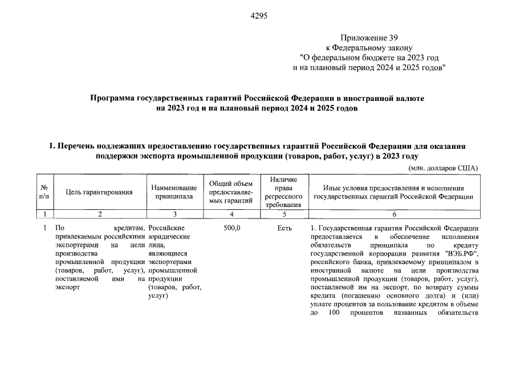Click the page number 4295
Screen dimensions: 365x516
pos(259,15)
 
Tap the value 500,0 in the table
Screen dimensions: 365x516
pos(231,228)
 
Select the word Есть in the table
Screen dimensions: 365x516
pos(284,228)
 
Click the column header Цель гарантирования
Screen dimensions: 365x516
pos(99,192)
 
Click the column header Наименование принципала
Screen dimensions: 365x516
pos(174,192)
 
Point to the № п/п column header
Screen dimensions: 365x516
pos(44,192)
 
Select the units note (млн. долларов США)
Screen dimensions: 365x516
pos(444,168)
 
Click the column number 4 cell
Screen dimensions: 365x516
pos(231,214)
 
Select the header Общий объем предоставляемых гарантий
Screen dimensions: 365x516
pos(231,192)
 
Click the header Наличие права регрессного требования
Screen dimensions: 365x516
pos(284,192)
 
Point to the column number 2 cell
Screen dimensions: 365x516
pos(99,214)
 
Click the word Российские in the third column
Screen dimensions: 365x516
pos(165,228)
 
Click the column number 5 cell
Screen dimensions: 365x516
pos(284,214)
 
